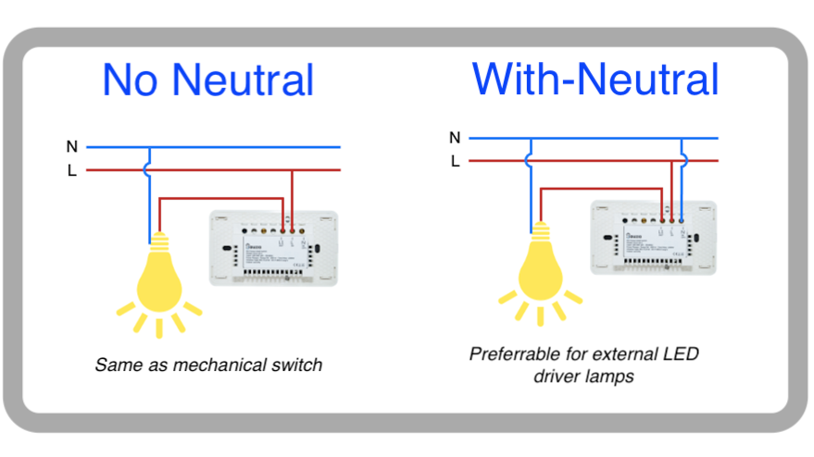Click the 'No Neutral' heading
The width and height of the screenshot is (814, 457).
tap(207, 80)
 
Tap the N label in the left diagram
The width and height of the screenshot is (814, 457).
tap(71, 146)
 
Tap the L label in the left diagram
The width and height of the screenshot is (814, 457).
tap(71, 171)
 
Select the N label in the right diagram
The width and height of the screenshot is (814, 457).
tap(454, 138)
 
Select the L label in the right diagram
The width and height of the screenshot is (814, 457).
tap(455, 161)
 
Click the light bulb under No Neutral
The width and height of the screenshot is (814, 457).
tap(159, 278)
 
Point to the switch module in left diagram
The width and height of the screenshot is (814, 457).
tap(274, 248)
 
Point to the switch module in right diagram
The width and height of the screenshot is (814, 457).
tap(655, 239)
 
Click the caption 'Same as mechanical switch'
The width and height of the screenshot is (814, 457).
tap(208, 364)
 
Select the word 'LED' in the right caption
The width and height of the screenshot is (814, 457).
tap(682, 354)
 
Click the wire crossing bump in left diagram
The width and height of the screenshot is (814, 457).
tap(149, 170)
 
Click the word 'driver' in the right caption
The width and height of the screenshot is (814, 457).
tap(558, 377)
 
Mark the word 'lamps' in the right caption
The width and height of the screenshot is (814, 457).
tap(611, 377)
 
